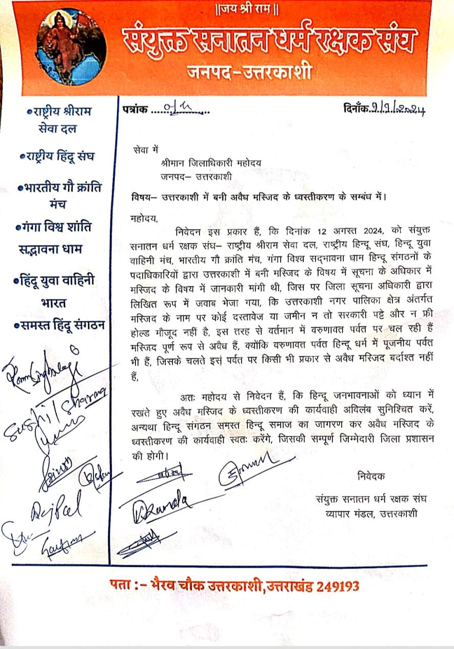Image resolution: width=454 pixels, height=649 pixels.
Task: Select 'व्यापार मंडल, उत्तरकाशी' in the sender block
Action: coord(366,513)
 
